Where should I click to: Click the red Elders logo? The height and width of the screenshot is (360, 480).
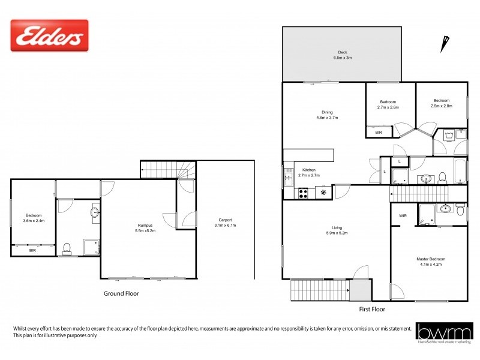(x=49, y=35)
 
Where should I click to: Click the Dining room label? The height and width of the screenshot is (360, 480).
(x=327, y=115)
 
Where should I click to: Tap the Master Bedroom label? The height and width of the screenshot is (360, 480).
(x=431, y=262)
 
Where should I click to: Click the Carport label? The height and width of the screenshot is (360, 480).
(x=225, y=223)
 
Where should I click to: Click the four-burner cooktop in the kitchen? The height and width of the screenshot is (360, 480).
(x=304, y=193)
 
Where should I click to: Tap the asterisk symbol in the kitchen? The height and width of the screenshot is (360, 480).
(x=324, y=193)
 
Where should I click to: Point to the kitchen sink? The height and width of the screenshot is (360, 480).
(x=288, y=176)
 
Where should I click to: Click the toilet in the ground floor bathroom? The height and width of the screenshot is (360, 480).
(x=67, y=247)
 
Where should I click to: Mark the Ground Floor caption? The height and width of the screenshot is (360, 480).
(x=122, y=294)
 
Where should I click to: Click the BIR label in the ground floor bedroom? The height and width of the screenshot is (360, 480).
(x=32, y=251)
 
